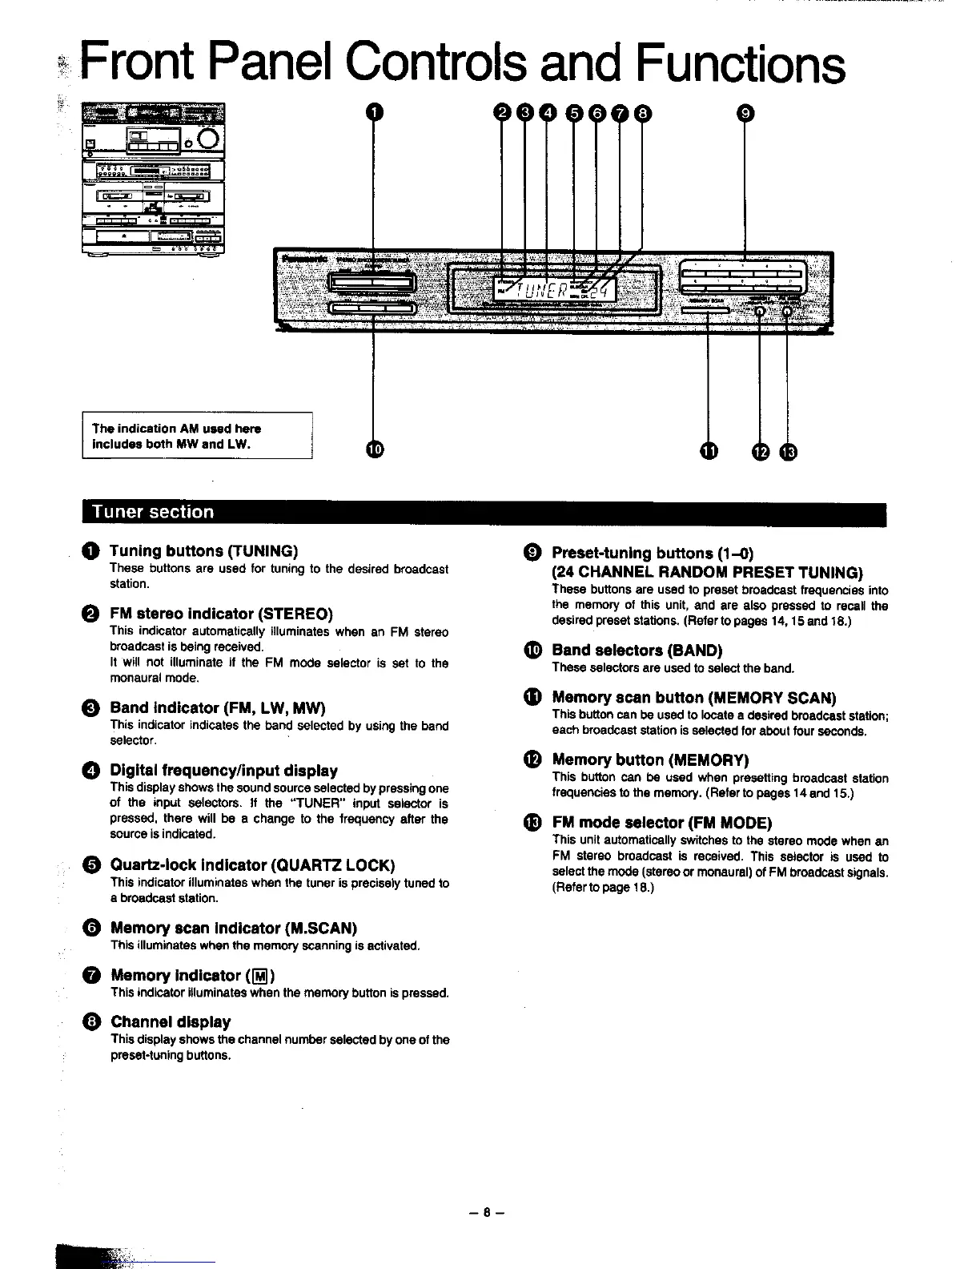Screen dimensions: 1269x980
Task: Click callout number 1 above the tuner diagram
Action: (372, 113)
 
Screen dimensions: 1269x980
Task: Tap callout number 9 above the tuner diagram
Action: (745, 114)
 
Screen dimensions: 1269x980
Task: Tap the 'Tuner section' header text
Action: (153, 512)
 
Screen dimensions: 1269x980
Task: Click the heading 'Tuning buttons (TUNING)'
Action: (203, 550)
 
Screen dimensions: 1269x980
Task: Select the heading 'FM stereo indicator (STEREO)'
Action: (221, 614)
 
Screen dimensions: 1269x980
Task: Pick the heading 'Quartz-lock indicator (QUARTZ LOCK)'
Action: (252, 865)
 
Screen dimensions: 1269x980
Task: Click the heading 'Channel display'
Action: (171, 1021)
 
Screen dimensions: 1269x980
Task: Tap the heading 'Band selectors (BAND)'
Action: (637, 650)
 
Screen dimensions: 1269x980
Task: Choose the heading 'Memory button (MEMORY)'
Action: (650, 759)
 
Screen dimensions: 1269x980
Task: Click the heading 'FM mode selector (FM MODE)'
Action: (661, 823)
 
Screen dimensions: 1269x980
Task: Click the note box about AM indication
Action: (197, 436)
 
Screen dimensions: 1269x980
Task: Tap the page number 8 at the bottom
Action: (486, 1212)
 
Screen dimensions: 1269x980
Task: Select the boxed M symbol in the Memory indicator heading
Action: (259, 976)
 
